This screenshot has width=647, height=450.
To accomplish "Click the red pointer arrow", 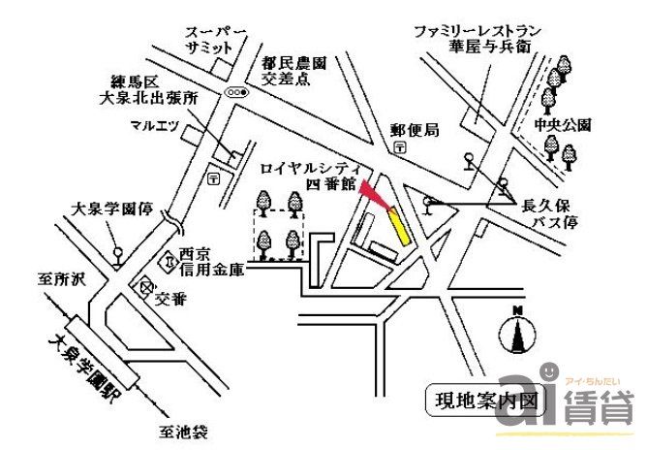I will coord(376,198).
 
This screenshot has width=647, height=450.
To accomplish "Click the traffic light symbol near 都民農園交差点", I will coord(236,91).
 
